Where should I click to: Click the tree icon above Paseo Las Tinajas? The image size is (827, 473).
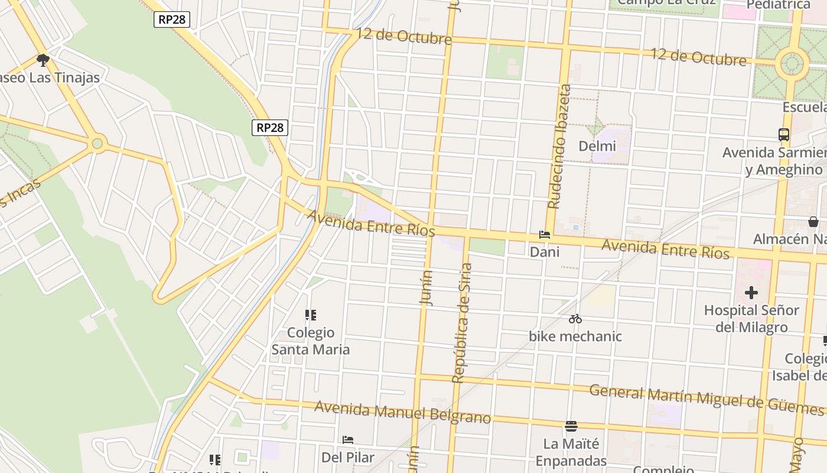[x=43, y=60]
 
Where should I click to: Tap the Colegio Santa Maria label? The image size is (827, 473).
[x=311, y=341]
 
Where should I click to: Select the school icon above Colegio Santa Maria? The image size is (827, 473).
[x=311, y=315]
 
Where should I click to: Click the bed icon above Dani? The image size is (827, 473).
[x=545, y=235]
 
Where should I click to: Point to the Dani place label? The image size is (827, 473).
[x=545, y=252]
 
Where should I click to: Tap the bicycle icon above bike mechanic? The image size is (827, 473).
[x=575, y=319]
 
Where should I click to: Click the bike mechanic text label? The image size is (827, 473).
[x=575, y=336]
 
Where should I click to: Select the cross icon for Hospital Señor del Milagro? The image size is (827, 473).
[x=751, y=293]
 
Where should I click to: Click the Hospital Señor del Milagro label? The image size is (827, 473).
[x=751, y=319]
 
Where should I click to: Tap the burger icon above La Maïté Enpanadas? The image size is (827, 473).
[x=571, y=426]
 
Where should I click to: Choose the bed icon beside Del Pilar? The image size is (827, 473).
[x=348, y=440]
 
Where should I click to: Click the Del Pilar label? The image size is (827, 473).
[x=348, y=458]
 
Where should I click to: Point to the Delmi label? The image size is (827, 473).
[x=597, y=146]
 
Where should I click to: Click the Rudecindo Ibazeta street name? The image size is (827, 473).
[x=559, y=147]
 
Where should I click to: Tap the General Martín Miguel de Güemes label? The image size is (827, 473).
[x=706, y=399]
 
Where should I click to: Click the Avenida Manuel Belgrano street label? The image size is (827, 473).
[x=402, y=413]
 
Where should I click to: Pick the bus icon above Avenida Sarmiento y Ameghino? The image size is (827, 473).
[x=784, y=135]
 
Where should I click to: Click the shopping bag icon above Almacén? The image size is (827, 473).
[x=813, y=222]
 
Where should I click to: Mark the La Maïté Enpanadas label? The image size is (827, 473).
[x=571, y=452]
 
